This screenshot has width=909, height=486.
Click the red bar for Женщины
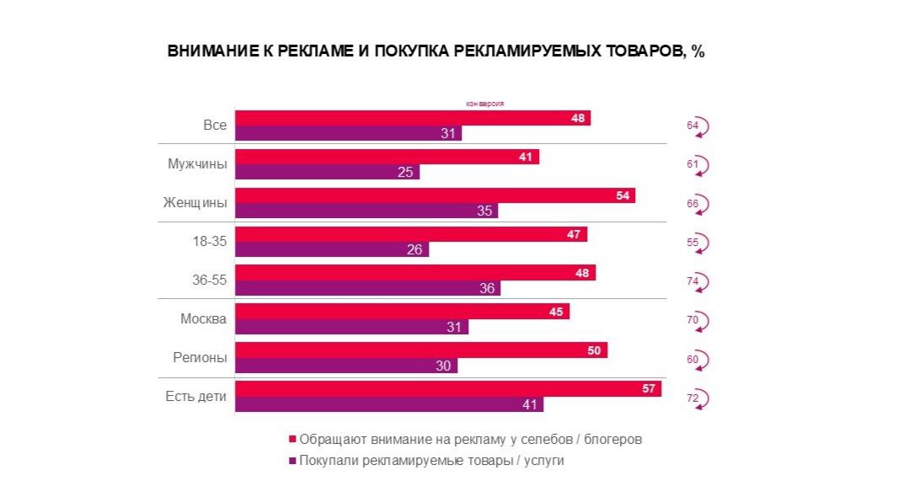coord(434,195)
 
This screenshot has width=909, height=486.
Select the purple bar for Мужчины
coord(327,172)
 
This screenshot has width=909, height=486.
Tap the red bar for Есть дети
coord(447,388)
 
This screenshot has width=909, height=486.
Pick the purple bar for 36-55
coord(367,288)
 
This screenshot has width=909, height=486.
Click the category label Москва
coord(203,319)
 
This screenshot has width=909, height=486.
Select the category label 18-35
coord(210,242)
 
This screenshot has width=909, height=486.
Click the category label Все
coord(215,126)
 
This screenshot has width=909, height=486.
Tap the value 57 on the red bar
coord(647,388)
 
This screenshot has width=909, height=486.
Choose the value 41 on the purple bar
coord(530,404)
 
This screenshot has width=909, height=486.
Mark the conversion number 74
coord(692,281)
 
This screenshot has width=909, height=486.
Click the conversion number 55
coord(692,243)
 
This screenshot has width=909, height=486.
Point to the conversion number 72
coord(692,397)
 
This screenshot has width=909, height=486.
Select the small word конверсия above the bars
coord(484,104)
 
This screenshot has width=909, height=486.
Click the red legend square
coord(292,440)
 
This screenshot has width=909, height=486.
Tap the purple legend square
coord(292,462)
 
